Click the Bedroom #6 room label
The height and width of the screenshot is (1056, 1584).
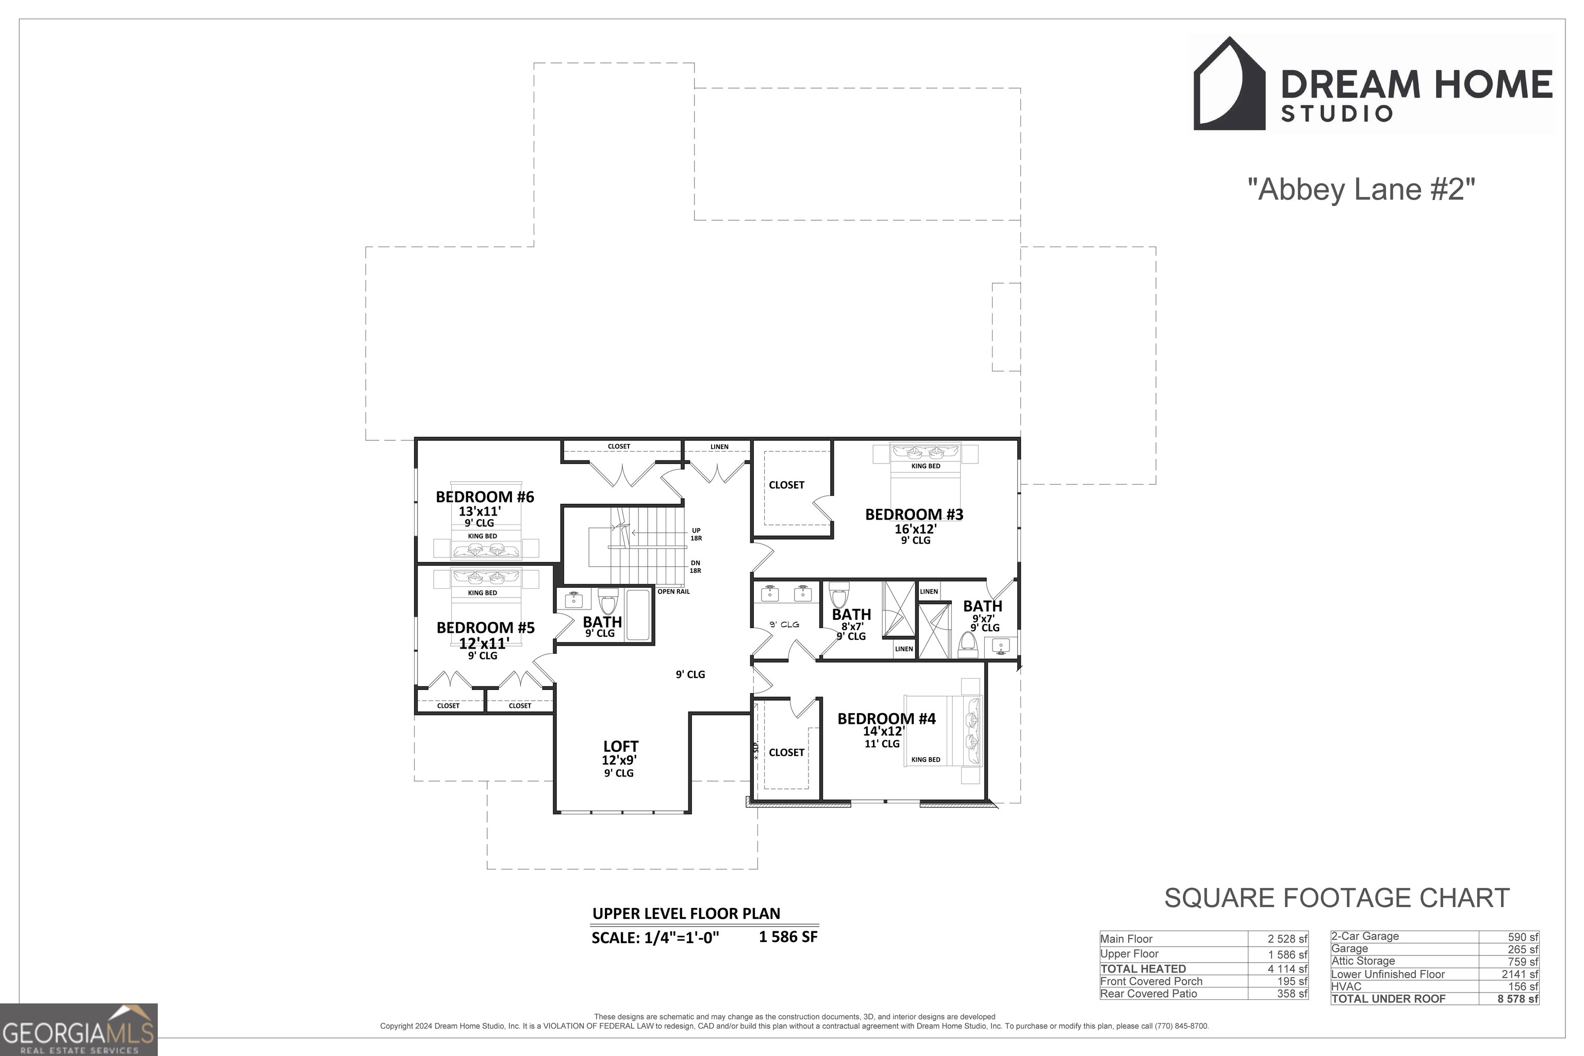pyautogui.click(x=485, y=497)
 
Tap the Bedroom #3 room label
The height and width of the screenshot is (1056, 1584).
pyautogui.click(x=914, y=515)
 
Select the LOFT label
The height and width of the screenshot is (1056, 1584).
pyautogui.click(x=620, y=746)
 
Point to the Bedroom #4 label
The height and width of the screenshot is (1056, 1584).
pyautogui.click(x=886, y=719)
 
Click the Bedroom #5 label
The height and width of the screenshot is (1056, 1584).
pyautogui.click(x=486, y=628)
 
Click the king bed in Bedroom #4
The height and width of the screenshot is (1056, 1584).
pyautogui.click(x=943, y=731)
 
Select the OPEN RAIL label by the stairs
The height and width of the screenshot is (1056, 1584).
pyautogui.click(x=673, y=591)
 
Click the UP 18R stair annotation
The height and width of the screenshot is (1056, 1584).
pyautogui.click(x=696, y=534)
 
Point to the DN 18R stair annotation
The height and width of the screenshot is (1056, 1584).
pyautogui.click(x=695, y=566)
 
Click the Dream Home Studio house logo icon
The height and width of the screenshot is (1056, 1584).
pyautogui.click(x=1229, y=84)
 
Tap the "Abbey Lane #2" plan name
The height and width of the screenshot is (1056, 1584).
pyautogui.click(x=1361, y=189)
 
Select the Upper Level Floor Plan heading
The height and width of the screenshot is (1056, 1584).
pyautogui.click(x=686, y=913)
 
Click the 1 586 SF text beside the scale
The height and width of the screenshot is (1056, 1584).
pyautogui.click(x=788, y=936)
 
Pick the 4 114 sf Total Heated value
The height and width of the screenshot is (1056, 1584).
pyautogui.click(x=1287, y=968)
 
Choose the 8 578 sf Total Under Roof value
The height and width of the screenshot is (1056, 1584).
pyautogui.click(x=1517, y=999)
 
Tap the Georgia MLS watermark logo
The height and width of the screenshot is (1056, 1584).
pyautogui.click(x=79, y=1030)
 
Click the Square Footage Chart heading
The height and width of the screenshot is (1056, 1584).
pyautogui.click(x=1337, y=898)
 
